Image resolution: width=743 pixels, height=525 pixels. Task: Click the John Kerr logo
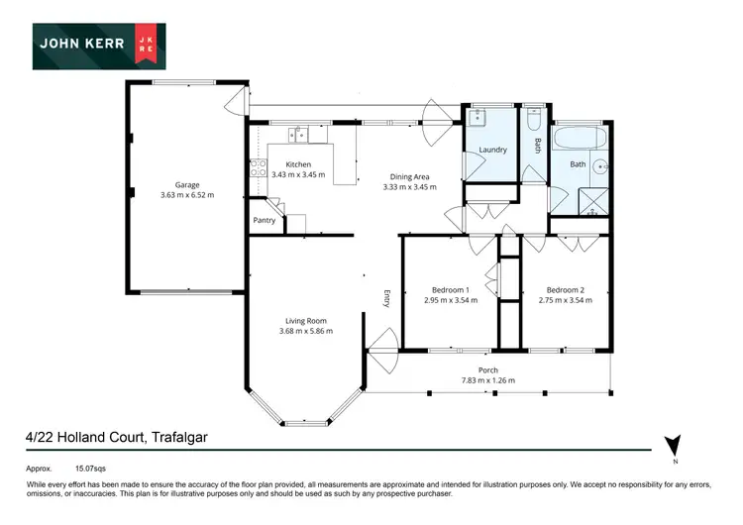[x=98, y=47]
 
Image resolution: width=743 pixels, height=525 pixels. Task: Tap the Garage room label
[x=187, y=184]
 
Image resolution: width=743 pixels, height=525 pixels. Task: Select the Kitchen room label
[x=297, y=164]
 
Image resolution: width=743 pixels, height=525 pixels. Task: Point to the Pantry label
[x=264, y=220]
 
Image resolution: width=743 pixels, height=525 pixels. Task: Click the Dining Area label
[x=409, y=176]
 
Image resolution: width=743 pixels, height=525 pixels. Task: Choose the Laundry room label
[x=492, y=151]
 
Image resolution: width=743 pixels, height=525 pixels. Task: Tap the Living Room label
[x=306, y=320]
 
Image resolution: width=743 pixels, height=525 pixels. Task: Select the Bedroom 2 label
[x=566, y=290]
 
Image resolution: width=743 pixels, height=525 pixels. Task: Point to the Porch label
[x=487, y=370]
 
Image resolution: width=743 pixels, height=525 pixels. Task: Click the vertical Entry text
[x=388, y=298]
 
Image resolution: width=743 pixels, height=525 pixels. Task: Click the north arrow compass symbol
[x=674, y=447]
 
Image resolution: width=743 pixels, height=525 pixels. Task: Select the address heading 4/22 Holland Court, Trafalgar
[x=116, y=437]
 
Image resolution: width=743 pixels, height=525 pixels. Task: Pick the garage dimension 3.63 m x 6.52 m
[x=187, y=195]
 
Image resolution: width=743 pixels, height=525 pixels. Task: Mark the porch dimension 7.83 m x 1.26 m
[x=487, y=380]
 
